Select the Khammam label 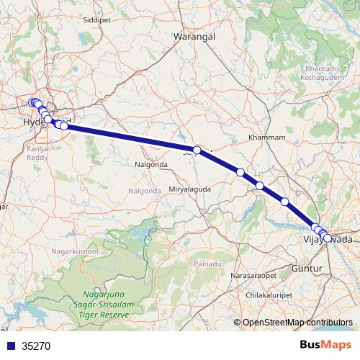coord(266,137)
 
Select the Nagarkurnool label coord(76,251)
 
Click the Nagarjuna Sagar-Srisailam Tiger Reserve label coord(107,305)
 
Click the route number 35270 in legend coord(37,346)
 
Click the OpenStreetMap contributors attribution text coord(297,323)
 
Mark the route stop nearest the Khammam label coord(240,172)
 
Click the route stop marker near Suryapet coord(197,150)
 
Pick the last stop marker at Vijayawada coord(328,238)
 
